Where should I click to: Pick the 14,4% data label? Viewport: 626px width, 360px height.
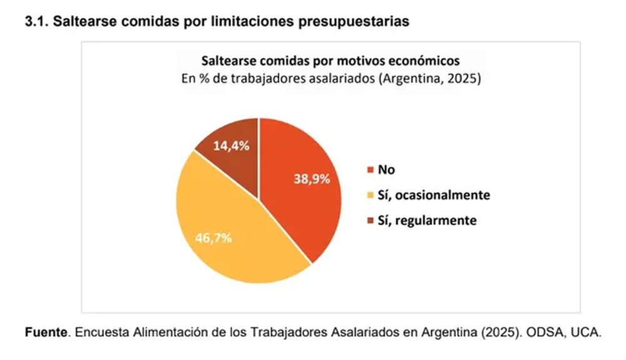[x=232, y=145]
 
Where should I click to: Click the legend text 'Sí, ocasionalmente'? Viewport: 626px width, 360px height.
[x=434, y=195]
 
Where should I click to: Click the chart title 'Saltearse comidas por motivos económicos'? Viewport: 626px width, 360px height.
[x=330, y=61]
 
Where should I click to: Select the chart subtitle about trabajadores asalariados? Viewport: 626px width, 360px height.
[x=330, y=80]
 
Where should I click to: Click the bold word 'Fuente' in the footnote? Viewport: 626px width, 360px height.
[x=45, y=333]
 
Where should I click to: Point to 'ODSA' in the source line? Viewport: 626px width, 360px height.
[x=545, y=333]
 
